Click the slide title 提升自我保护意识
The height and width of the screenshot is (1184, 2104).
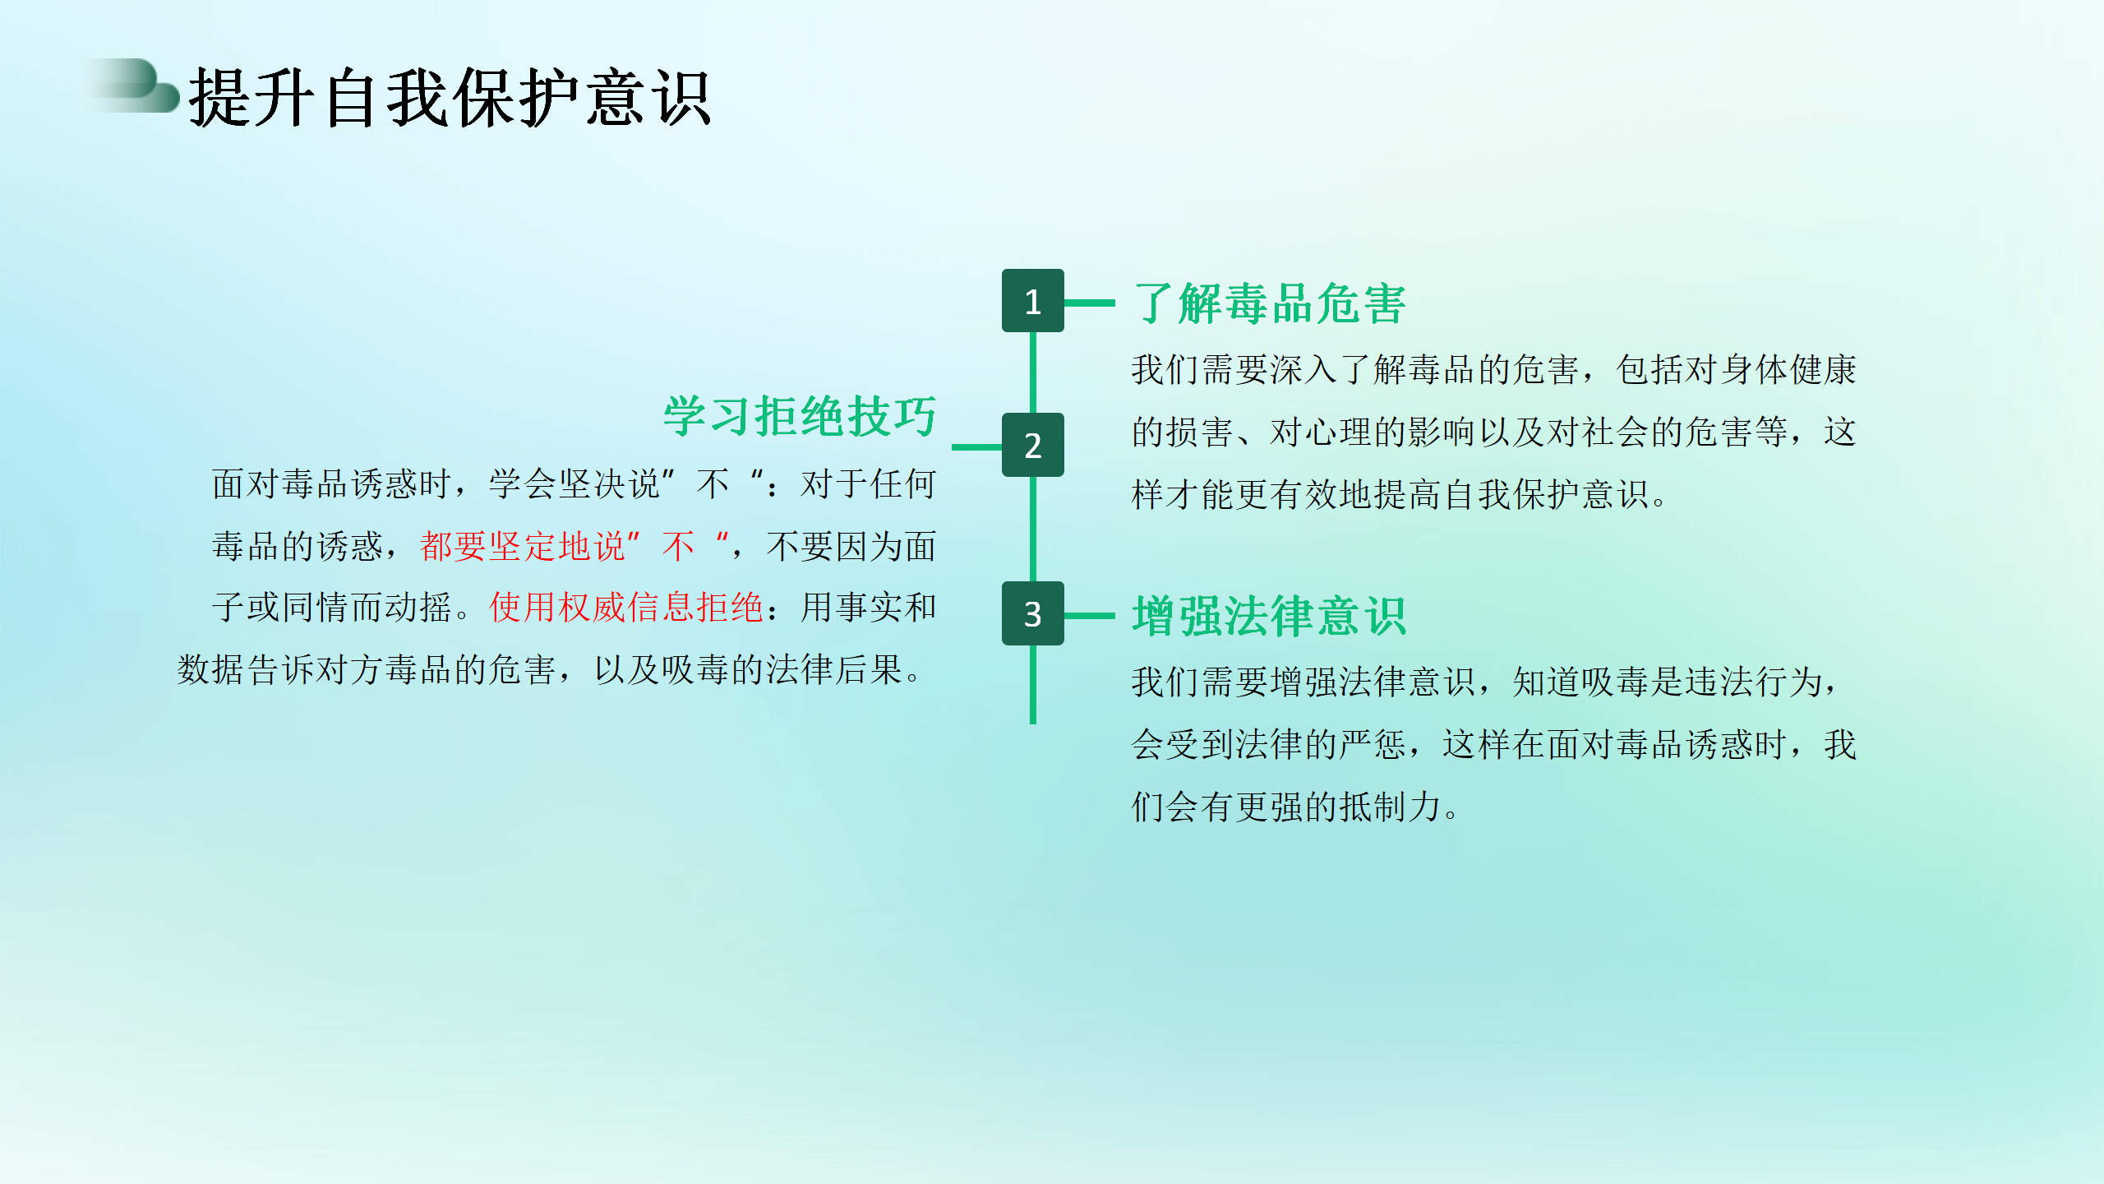click(450, 98)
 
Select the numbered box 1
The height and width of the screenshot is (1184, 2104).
click(1032, 301)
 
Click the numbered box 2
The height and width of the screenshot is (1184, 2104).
click(1032, 445)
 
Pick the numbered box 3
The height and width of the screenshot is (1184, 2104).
click(1032, 613)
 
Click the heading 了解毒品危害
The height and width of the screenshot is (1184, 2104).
click(1269, 303)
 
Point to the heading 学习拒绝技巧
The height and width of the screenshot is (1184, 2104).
click(800, 416)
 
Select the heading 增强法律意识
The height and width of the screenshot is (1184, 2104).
click(1269, 616)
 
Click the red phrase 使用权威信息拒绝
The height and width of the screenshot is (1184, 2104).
click(626, 608)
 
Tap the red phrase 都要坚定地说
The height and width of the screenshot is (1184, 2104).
click(523, 546)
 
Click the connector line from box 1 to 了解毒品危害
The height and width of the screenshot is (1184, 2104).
click(1090, 303)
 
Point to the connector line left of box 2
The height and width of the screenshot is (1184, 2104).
click(976, 447)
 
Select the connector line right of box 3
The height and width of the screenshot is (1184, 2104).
click(1090, 615)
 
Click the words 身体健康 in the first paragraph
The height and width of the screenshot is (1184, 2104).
click(1788, 370)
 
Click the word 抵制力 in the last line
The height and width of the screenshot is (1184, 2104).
click(1391, 807)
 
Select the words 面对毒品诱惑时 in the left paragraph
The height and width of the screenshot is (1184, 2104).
click(332, 483)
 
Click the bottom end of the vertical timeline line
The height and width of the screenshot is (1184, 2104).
click(1033, 723)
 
